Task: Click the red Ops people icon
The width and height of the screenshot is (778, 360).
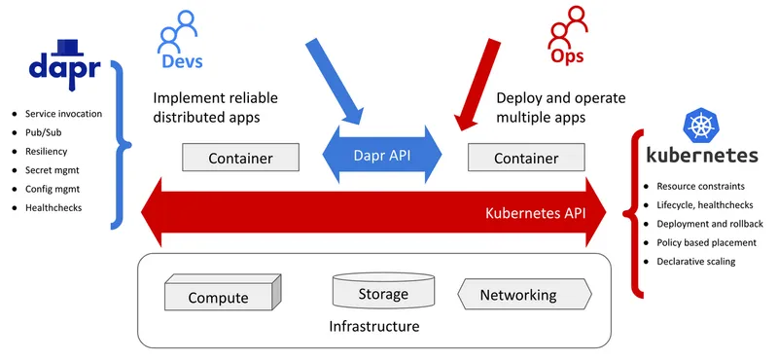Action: (568, 29)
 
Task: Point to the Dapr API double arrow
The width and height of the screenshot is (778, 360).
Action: (382, 154)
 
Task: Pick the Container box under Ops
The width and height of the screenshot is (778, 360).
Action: (525, 158)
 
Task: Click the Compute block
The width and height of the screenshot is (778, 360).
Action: (223, 293)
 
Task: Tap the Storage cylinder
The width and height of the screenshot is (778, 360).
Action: (382, 291)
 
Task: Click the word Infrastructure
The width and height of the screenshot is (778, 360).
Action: (374, 326)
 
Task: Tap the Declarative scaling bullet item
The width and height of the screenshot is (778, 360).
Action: (695, 261)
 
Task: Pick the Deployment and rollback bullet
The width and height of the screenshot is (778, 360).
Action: (709, 223)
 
